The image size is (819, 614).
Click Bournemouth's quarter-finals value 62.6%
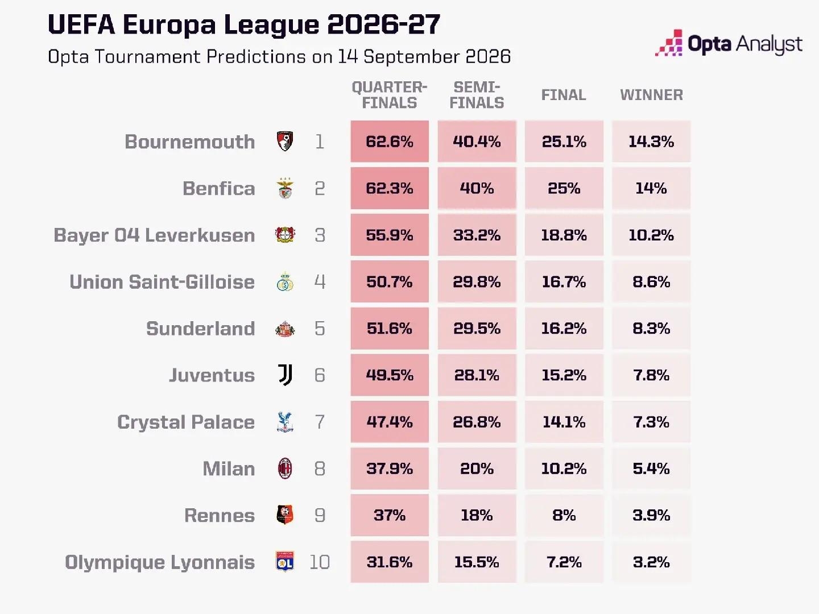point(390,142)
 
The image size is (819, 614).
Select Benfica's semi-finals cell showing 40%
point(477,188)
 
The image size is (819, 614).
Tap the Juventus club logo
point(285,375)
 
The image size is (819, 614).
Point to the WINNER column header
point(651,95)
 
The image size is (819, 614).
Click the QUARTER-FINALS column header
point(390,95)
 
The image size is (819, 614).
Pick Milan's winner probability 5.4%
point(651,468)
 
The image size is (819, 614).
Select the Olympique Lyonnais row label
point(160,562)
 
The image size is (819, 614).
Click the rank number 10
point(320,562)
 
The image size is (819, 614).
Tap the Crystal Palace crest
point(285,422)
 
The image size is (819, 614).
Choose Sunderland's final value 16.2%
point(564,329)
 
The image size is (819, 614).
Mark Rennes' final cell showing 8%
point(564,515)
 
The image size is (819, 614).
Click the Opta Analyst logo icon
point(669,43)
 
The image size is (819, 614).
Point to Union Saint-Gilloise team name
point(162,282)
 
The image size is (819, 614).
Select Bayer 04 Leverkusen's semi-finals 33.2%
point(477,235)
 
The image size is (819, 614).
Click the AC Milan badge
point(285,468)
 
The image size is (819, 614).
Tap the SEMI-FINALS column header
point(477,95)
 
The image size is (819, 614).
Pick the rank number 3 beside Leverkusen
point(320,235)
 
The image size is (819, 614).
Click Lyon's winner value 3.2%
point(651,562)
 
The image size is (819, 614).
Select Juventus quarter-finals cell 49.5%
point(390,375)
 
